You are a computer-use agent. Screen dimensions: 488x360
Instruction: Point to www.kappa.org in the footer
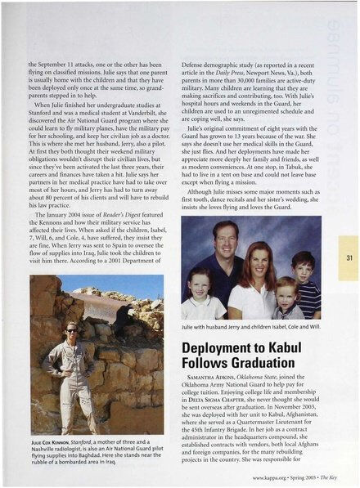pyautogui.click(x=272, y=477)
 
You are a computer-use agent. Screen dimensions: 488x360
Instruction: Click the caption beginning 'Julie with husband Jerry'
pyautogui.click(x=245, y=330)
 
